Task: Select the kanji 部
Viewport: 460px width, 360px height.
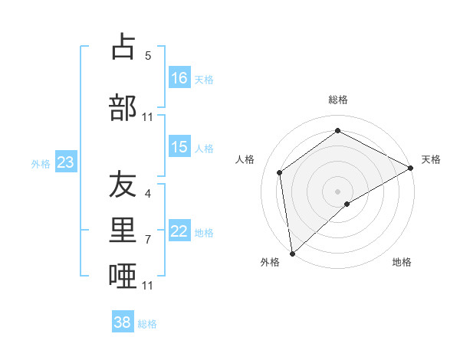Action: click(123, 107)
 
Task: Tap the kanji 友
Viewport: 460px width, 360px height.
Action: click(123, 185)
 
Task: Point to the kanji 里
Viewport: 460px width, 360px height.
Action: click(123, 231)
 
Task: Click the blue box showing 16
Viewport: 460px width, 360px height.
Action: click(179, 78)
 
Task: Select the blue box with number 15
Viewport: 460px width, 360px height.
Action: click(179, 148)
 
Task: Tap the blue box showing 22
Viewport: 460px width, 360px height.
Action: click(179, 232)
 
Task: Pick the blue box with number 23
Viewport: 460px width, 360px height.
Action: click(65, 162)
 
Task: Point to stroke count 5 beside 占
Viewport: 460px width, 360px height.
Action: click(148, 56)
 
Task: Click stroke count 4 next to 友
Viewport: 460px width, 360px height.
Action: click(148, 194)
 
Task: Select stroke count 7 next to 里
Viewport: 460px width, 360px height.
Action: click(148, 240)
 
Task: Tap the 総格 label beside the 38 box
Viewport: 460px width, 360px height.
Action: click(147, 324)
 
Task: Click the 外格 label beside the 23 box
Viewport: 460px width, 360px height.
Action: click(41, 164)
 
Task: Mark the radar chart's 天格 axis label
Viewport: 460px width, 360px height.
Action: click(431, 159)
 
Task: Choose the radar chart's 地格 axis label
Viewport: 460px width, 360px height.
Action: click(402, 262)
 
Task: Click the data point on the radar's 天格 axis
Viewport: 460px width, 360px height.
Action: click(411, 168)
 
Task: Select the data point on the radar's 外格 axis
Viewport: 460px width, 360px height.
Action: click(292, 253)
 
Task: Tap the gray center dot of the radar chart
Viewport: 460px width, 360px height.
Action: click(337, 191)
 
